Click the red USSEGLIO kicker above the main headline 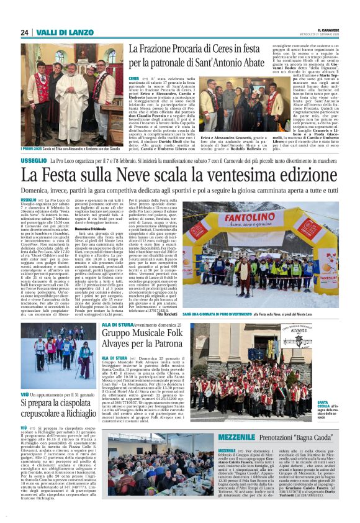point(33,160)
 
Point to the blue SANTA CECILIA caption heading point(324,405)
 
